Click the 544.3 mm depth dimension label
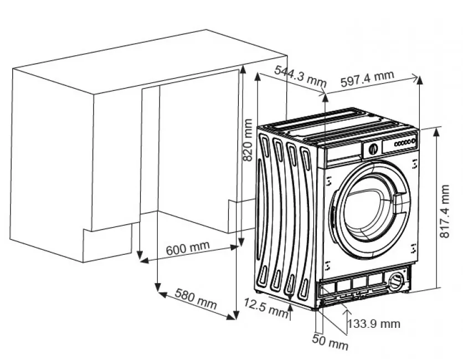pos(300,75)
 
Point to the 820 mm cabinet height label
pos(248,140)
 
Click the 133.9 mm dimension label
pos(373,323)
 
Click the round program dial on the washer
pos(373,148)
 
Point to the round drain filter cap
pos(397,280)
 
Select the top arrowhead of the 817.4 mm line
pos(438,131)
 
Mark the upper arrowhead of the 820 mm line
pos(242,70)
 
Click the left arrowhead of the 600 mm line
pos(142,259)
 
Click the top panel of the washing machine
pos(338,124)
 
